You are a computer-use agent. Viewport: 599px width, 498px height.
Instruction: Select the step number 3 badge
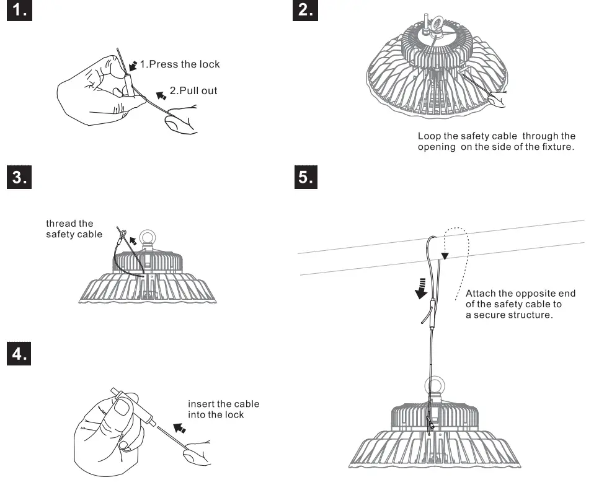pos(19,177)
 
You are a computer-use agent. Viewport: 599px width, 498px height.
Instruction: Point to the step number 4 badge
pos(19,354)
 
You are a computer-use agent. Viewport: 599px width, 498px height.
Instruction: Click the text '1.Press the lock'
pos(179,64)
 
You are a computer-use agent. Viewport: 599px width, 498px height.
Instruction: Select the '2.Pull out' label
pos(193,91)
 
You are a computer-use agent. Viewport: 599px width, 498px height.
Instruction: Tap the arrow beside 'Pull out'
pos(161,95)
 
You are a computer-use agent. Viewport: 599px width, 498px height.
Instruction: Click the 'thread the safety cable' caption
pos(69,229)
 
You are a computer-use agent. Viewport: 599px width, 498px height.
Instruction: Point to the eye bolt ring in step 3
pos(149,238)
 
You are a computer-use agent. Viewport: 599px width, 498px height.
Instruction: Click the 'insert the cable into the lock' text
pos(223,409)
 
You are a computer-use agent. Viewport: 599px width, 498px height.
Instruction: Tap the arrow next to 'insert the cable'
pos(179,427)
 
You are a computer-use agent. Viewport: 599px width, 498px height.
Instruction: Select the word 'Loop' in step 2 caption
pos(428,136)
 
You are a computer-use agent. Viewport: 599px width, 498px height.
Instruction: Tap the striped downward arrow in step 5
pos(422,287)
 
